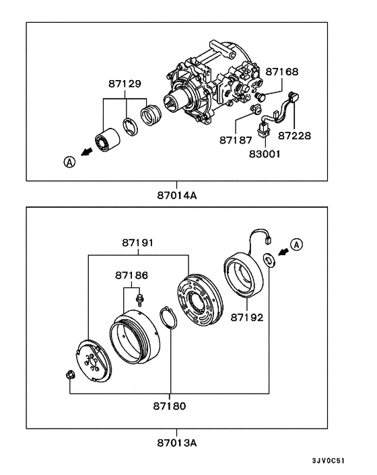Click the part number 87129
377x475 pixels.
coord(126,85)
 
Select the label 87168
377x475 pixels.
coord(281,71)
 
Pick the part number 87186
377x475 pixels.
coord(131,275)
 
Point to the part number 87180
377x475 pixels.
coord(170,406)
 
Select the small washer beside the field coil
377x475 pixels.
coord(268,259)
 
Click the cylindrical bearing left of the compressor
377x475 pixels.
coord(107,139)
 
